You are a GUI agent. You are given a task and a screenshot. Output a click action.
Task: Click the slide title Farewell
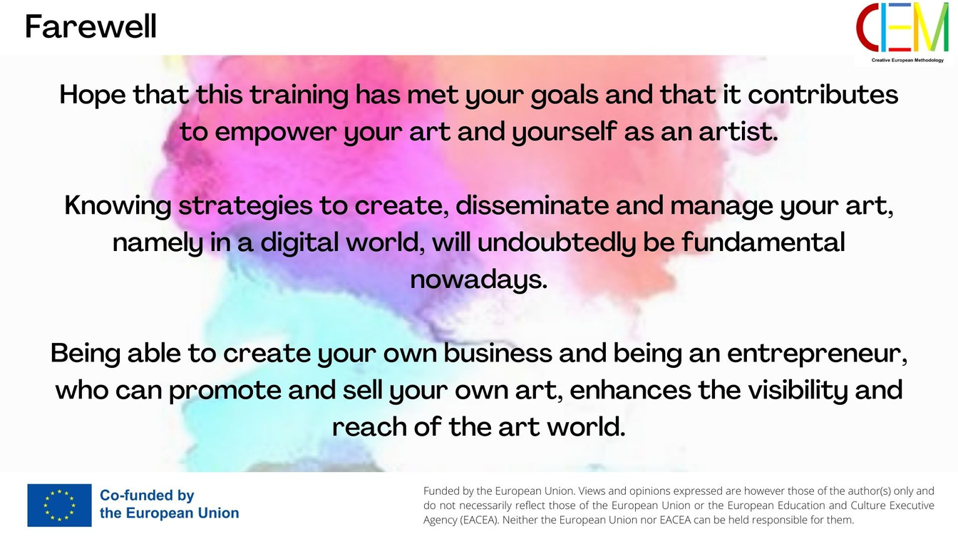[x=91, y=26]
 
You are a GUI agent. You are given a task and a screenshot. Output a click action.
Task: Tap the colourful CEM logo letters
[x=902, y=27]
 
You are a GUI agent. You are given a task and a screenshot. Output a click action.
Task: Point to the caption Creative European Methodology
[x=907, y=61]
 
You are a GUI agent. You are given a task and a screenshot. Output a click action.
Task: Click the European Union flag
[x=59, y=505]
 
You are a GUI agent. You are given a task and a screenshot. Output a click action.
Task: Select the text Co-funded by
[x=147, y=496]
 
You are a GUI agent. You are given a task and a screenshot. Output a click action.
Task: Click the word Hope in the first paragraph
[x=93, y=95]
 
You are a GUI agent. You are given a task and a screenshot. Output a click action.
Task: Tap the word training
[x=299, y=95]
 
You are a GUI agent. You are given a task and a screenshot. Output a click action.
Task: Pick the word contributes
[x=823, y=94]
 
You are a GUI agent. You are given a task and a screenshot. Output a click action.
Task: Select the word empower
[x=276, y=132]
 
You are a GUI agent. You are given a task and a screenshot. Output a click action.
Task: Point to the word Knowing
[x=118, y=206]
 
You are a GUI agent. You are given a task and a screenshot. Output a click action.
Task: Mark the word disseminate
[x=532, y=205]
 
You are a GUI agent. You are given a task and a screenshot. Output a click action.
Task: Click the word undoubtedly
[x=557, y=243]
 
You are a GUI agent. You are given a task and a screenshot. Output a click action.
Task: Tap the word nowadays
[x=478, y=280]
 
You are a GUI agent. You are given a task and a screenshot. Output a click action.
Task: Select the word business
[x=498, y=353]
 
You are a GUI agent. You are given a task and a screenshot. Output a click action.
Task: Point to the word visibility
[x=794, y=391]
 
